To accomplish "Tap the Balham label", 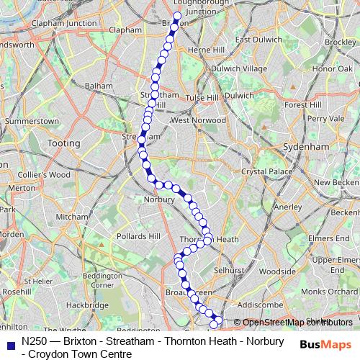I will click(99, 85).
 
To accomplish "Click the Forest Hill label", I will click(302, 104).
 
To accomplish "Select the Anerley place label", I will click(269, 206).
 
